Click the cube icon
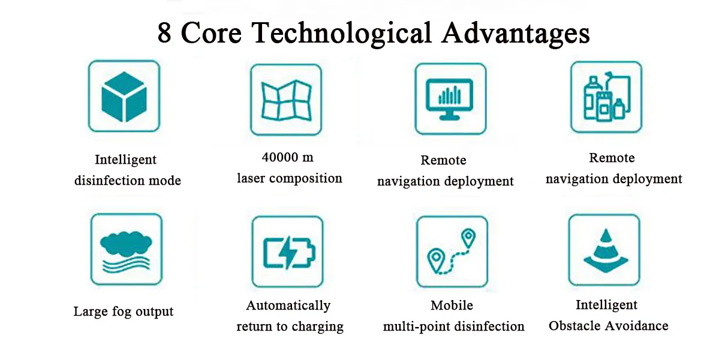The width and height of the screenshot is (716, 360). [x=124, y=96]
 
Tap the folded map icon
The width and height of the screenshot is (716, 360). [x=286, y=100]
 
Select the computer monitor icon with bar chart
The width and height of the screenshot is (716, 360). [x=450, y=98]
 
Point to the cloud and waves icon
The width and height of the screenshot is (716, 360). [x=125, y=249]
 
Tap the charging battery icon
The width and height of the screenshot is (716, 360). [x=288, y=252]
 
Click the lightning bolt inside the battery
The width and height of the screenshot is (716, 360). [x=288, y=253]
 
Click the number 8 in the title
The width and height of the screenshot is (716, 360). [x=164, y=34]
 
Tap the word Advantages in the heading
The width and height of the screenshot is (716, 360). [x=515, y=34]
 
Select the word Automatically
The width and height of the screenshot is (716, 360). [x=288, y=306]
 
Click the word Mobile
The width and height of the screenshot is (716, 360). [x=452, y=305]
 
